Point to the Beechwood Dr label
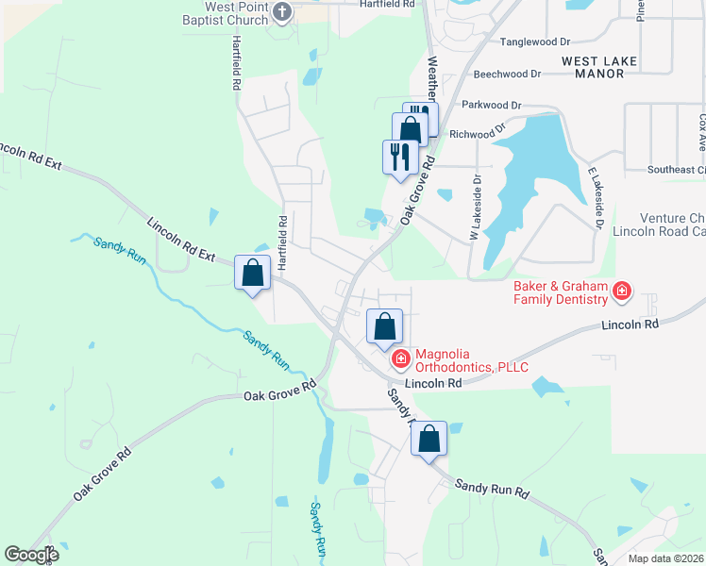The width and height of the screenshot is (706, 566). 507,73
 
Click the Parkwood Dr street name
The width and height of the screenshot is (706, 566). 492,105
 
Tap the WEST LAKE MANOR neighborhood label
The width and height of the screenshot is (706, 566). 599,68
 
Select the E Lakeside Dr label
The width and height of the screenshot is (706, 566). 595,198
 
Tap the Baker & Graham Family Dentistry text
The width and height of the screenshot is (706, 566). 561,292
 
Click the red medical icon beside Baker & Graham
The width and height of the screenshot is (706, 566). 622,291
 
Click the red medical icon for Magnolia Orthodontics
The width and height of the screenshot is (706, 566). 400,358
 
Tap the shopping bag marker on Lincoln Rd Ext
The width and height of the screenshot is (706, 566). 253,274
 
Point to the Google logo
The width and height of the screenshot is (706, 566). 31,555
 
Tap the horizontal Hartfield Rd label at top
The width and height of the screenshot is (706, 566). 388,5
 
